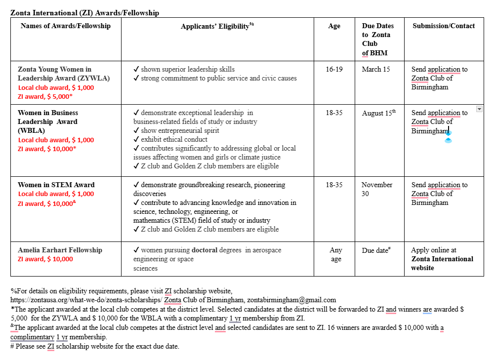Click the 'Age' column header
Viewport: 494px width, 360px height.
point(334,26)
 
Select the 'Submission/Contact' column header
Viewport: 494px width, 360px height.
point(444,26)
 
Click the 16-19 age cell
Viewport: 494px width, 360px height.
point(334,69)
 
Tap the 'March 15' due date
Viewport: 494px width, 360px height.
point(375,69)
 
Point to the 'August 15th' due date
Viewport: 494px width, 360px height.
point(378,113)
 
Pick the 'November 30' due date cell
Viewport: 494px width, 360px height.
point(376,189)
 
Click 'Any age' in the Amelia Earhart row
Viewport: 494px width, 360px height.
point(336,254)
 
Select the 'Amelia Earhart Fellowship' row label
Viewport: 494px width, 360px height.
point(60,250)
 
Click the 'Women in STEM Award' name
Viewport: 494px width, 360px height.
point(56,185)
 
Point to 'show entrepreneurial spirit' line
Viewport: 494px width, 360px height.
point(176,130)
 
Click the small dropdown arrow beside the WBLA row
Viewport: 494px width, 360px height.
point(479,109)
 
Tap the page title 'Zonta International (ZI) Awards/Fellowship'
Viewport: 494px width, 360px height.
point(84,13)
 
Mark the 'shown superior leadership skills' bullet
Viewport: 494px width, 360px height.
point(184,69)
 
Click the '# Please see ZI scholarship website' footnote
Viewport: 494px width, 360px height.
point(94,346)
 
